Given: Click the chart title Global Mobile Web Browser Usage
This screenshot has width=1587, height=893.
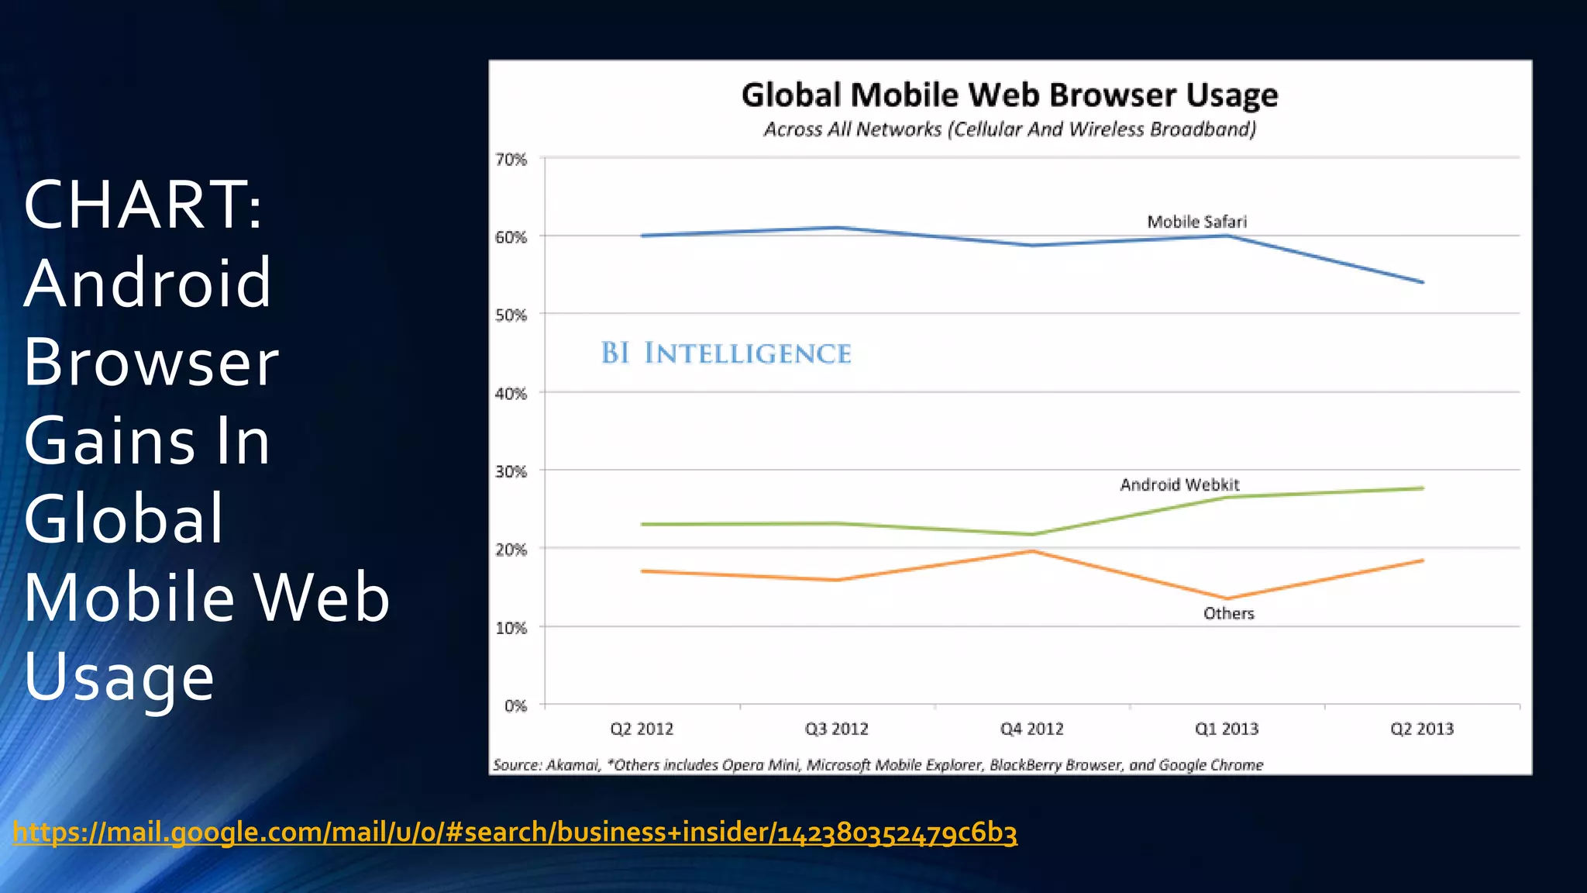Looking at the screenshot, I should click(x=1009, y=95).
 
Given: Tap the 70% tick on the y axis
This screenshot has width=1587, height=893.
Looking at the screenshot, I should click(x=511, y=160).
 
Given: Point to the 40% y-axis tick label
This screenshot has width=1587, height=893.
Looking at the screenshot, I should click(x=511, y=394).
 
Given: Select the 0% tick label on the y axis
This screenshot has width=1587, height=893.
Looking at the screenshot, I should click(x=515, y=706).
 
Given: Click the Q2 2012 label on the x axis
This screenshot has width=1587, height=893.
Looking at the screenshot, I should click(x=642, y=729).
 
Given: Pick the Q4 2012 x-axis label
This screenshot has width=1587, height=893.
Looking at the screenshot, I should click(x=1031, y=729).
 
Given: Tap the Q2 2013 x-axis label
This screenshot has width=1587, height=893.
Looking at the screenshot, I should click(x=1422, y=729).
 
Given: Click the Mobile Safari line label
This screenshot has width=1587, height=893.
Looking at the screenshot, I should click(x=1196, y=222).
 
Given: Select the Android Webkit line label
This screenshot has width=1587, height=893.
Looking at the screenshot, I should click(x=1179, y=484).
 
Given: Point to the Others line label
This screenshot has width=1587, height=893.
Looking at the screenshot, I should click(x=1228, y=613).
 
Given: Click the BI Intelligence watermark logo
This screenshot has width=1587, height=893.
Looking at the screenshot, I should click(x=726, y=353).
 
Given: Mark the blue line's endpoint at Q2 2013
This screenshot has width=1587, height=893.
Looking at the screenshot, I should click(x=1423, y=282).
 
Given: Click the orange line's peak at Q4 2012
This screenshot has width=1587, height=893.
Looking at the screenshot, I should click(x=1032, y=551).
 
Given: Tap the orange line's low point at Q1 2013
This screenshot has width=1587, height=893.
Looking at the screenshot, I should click(x=1227, y=598).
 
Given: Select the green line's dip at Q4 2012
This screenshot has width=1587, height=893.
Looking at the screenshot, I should click(x=1032, y=534).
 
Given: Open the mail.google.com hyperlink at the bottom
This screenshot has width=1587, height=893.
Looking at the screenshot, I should click(x=515, y=832).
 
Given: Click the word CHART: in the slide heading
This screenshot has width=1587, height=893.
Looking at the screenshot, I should click(x=143, y=205).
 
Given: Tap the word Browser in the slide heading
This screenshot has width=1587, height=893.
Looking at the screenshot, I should click(x=151, y=362).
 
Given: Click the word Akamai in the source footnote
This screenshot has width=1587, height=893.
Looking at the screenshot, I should click(x=573, y=765).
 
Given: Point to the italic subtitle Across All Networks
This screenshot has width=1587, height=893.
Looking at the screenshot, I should click(x=1009, y=129).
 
